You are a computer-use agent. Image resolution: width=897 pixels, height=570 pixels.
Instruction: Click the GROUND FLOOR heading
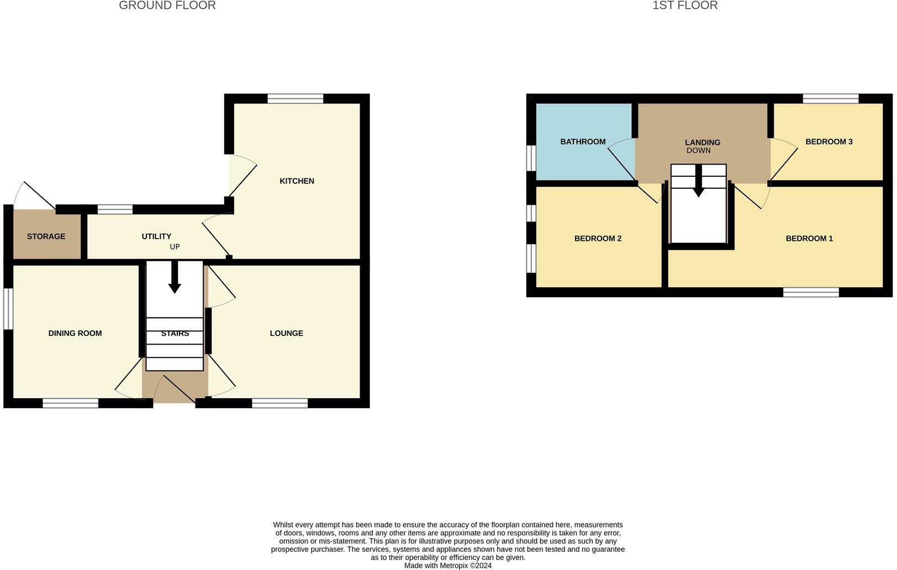(167, 6)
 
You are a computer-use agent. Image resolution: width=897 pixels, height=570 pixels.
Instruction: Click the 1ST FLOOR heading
(685, 6)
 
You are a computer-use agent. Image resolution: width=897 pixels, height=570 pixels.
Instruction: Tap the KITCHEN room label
(297, 181)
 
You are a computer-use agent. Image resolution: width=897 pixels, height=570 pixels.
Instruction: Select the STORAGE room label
(46, 236)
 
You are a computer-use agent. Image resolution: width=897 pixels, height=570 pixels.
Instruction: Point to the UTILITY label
(156, 236)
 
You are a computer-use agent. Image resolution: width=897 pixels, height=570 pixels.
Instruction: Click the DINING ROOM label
(75, 333)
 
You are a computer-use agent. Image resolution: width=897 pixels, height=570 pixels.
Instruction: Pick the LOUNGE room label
(286, 333)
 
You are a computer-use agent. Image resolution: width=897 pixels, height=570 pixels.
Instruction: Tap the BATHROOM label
(583, 142)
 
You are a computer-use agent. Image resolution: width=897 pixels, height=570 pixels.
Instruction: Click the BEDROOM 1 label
(809, 239)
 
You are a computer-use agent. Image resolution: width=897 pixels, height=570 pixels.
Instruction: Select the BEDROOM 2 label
(598, 239)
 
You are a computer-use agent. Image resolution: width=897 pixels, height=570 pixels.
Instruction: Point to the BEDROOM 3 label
(829, 142)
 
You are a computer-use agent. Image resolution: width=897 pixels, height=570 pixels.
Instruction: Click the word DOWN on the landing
(698, 151)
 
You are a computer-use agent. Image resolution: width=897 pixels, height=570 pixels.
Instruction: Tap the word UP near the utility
(175, 247)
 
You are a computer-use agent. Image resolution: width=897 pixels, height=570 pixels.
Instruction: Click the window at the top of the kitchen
(296, 99)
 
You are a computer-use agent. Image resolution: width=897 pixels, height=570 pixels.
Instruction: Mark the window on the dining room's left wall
(8, 309)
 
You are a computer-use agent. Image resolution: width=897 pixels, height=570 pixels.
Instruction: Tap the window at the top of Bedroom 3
(831, 99)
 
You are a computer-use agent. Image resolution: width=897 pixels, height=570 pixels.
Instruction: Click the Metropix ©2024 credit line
(448, 566)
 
